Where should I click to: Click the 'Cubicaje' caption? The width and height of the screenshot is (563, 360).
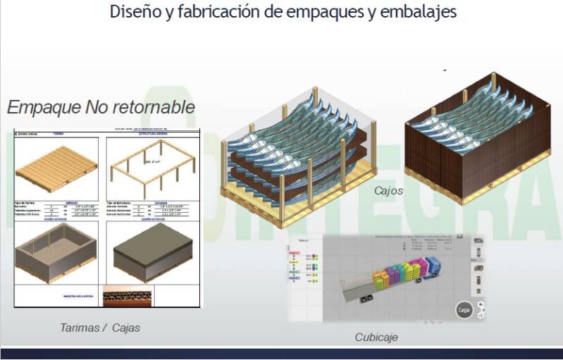tap(376, 337)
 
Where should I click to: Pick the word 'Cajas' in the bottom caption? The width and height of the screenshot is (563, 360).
tap(124, 327)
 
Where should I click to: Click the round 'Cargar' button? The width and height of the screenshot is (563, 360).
tap(463, 309)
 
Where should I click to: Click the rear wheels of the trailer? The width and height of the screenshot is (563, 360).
tap(366, 299)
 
